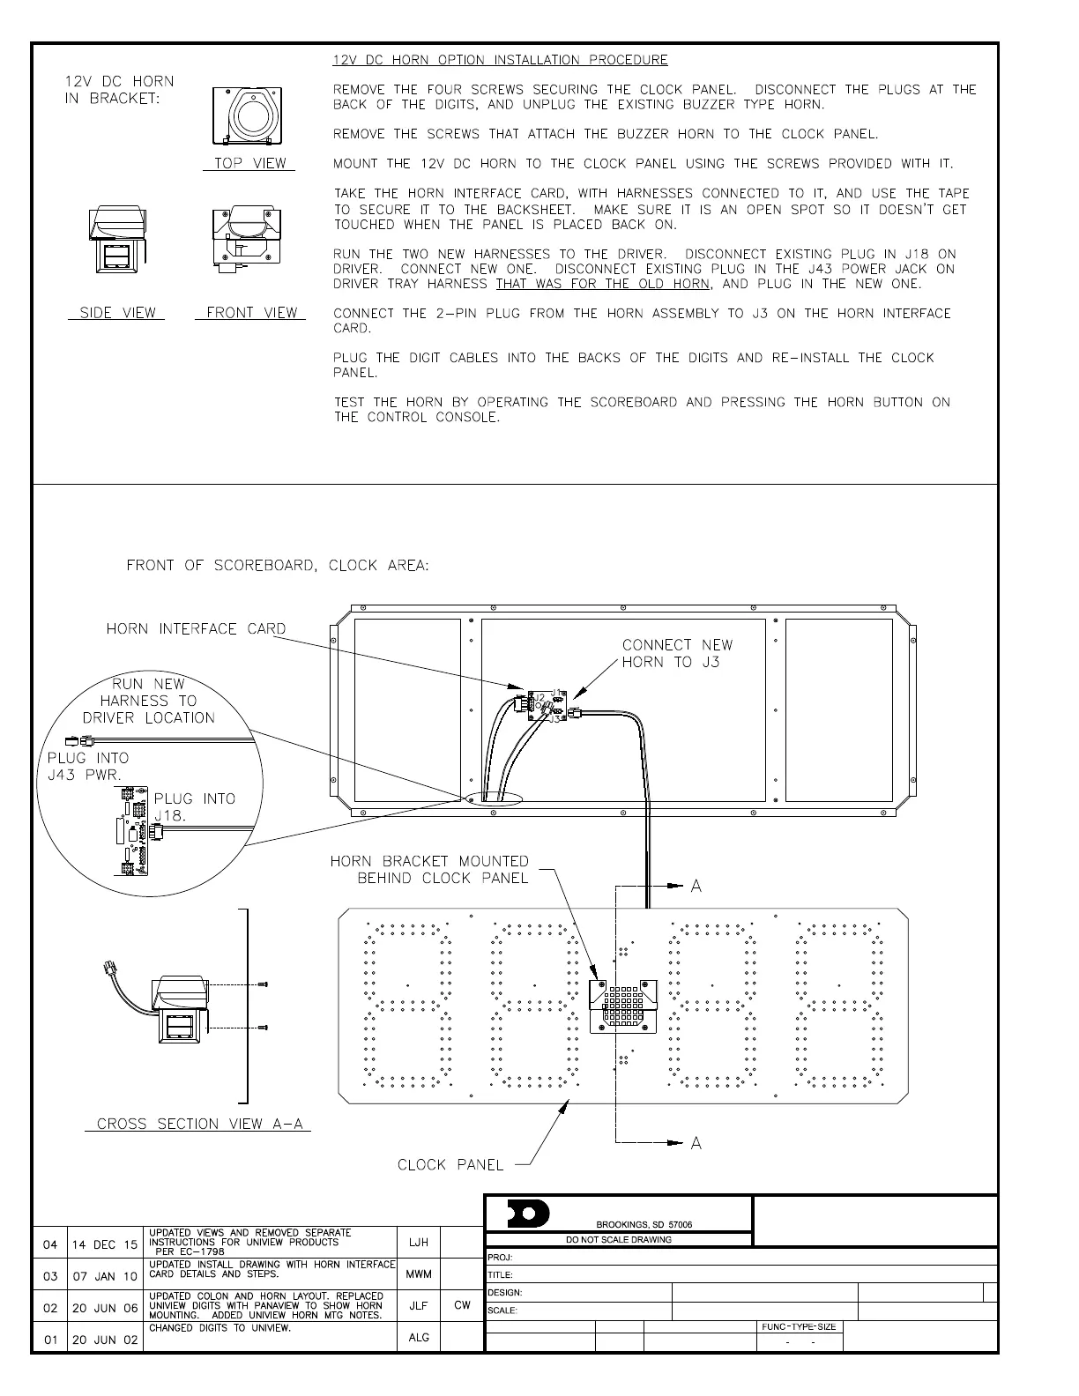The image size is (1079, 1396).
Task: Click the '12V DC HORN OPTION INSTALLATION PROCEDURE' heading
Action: coord(500,60)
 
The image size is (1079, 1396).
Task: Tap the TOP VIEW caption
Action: coord(250,163)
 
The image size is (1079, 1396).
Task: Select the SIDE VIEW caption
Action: coord(117,313)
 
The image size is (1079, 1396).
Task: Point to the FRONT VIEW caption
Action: coord(251,313)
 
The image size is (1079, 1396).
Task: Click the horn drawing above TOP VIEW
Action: coord(247,115)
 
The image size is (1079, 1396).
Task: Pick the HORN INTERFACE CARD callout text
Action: coord(196,629)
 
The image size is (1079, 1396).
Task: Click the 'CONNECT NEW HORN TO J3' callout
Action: coord(677,653)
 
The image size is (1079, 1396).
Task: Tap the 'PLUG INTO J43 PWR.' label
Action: coord(86,766)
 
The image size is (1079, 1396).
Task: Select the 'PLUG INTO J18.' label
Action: coord(194,806)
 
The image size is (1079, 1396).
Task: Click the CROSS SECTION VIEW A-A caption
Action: coord(198,1124)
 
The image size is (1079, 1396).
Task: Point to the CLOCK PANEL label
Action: coord(450,1165)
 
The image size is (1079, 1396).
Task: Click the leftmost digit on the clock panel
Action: coord(408,1005)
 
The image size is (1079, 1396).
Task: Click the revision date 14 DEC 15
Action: coord(104,1244)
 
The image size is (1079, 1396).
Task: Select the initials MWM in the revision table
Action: coord(419,1274)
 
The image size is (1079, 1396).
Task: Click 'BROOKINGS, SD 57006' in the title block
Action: coord(644,1224)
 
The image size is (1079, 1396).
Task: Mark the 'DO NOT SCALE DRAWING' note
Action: coord(618,1239)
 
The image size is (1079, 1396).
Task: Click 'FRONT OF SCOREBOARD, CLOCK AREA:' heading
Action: coord(278,566)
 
